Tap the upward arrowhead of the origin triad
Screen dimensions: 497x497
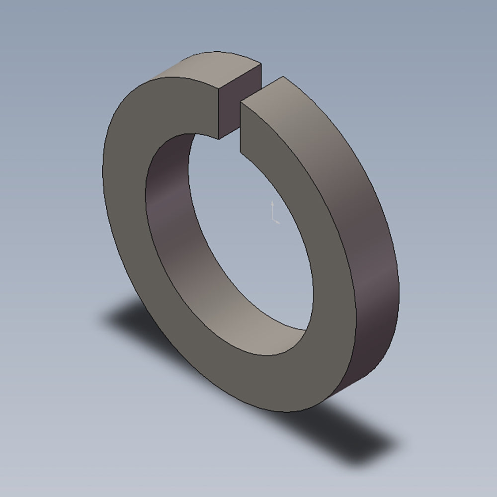[272, 203]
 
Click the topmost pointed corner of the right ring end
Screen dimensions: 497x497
[283, 77]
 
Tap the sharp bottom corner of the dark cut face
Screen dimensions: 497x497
[219, 139]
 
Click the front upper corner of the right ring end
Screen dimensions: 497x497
[241, 102]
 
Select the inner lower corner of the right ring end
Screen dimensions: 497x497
[241, 152]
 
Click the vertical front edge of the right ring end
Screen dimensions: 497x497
[241, 127]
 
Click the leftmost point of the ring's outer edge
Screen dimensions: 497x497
[102, 169]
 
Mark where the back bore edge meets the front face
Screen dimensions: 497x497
[304, 329]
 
